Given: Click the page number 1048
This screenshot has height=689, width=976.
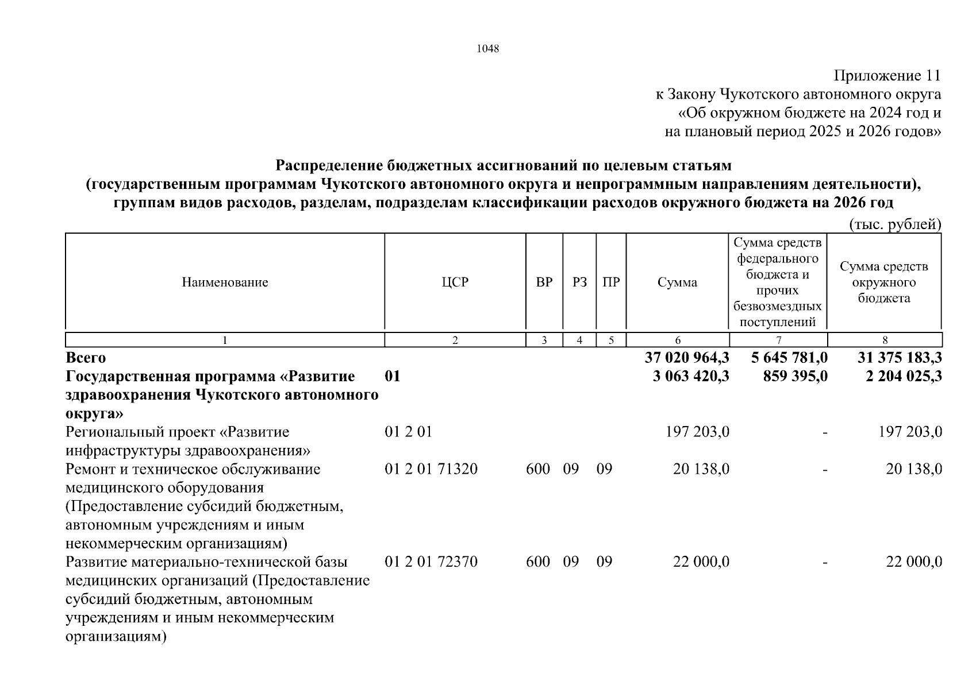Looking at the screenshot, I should coord(487,49).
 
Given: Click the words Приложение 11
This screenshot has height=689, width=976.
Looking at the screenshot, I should coord(887,76).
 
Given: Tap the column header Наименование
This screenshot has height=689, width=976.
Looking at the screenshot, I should coord(225,282).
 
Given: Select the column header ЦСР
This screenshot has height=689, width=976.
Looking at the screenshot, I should coord(455,282).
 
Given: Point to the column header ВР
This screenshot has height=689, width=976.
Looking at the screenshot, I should coord(544,282).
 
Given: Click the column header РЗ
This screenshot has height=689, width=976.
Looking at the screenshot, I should coord(579,282).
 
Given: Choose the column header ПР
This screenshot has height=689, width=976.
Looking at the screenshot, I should coord(611,282).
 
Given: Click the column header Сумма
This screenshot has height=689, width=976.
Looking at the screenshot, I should coord(677,282).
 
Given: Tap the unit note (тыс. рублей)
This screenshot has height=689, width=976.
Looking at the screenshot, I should coord(895,224).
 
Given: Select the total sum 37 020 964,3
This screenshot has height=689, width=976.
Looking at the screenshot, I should coord(687,358).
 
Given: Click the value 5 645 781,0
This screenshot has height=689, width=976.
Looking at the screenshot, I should coord(789,358).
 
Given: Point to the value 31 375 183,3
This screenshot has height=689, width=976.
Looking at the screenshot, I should coord(900,358).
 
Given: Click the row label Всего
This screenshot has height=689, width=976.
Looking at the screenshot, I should coord(86,358).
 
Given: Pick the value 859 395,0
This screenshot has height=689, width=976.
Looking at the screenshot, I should coord(795,377).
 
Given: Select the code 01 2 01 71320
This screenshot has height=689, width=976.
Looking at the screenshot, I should coord(431,469).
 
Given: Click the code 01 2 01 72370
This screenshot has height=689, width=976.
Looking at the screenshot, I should coord(431,562).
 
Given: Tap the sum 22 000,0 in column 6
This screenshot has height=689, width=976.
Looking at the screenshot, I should coord(701,562).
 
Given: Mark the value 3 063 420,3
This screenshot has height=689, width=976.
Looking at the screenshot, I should coord(691,377).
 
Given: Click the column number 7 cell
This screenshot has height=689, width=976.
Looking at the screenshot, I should coord(778,340).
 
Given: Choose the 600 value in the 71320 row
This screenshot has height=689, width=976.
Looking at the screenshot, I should coord(538,469).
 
